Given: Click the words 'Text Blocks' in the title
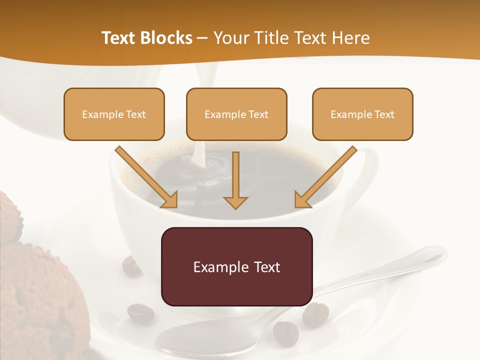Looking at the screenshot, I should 146,38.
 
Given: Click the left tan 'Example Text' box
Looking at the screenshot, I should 114,114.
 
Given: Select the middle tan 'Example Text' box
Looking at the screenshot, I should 236,114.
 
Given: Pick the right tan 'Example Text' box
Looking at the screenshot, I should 362,114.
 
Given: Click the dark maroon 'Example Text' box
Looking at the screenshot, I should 236,266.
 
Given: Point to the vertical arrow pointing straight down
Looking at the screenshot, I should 235,180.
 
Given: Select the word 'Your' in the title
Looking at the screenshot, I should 230,38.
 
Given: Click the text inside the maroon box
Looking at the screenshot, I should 236,266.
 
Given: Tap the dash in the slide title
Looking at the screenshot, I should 202,38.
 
